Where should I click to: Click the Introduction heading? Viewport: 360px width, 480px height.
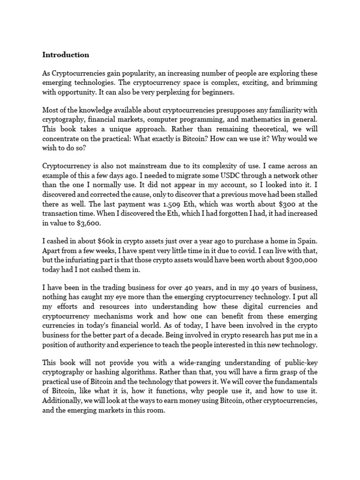coord(66,55)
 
